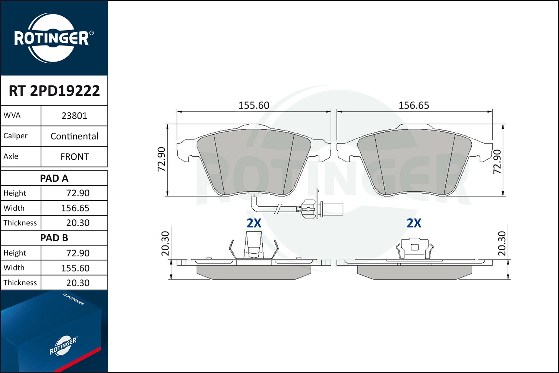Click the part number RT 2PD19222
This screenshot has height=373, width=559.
click(54, 91)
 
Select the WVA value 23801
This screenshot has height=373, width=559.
click(74, 116)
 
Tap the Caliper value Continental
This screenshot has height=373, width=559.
click(74, 136)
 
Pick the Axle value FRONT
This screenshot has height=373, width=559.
click(74, 157)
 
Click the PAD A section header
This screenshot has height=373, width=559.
click(54, 178)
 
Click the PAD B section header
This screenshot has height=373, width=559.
click(54, 238)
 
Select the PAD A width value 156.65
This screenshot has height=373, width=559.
click(75, 208)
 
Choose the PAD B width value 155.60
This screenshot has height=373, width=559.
click(75, 268)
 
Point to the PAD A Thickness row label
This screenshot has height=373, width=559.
click(20, 223)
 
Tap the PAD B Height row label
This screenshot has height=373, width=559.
click(15, 253)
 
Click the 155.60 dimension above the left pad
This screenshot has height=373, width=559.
click(253, 106)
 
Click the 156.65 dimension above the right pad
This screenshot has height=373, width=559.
click(414, 106)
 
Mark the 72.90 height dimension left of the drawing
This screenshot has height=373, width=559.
click(161, 159)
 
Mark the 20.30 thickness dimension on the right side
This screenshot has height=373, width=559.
click(502, 244)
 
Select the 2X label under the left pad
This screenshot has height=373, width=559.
click(254, 223)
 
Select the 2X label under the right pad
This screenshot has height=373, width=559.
click(414, 223)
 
